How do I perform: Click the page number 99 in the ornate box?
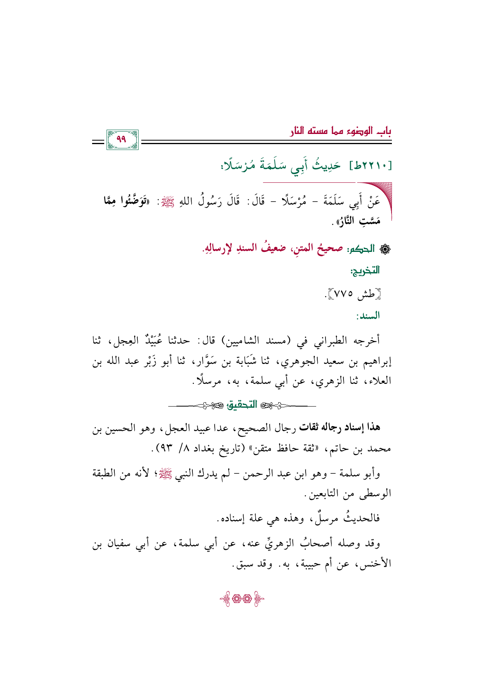coord(122,139)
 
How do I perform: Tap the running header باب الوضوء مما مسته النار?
coord(340,131)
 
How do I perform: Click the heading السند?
coord(368,316)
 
